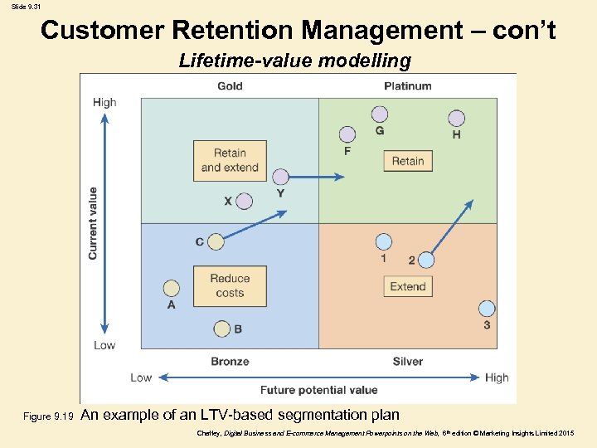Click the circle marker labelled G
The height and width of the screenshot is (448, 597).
[x=380, y=114]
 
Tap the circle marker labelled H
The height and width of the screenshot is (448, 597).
[x=456, y=119]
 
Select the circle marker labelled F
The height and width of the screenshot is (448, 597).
[x=347, y=134]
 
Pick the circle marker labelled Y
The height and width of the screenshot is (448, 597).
[x=280, y=177]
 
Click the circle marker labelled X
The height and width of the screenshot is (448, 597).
[x=244, y=201]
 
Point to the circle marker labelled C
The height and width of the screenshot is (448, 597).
[x=216, y=241]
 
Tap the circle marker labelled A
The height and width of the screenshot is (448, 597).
[x=171, y=288]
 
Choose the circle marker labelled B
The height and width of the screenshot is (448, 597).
[x=221, y=329]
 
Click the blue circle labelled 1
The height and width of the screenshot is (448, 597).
[x=383, y=242]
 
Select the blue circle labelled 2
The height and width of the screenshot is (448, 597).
[x=425, y=260]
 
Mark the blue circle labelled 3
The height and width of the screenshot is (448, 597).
[x=486, y=309]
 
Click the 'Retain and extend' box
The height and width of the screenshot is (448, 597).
[x=230, y=160]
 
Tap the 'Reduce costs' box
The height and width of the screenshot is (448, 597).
[x=230, y=285]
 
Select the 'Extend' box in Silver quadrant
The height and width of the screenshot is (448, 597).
[x=408, y=286]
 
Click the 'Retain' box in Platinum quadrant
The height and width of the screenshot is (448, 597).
[x=408, y=161]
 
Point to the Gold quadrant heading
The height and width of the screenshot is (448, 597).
[x=230, y=86]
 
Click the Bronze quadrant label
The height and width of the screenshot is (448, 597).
[x=230, y=361]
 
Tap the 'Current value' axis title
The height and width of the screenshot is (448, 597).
[x=93, y=222]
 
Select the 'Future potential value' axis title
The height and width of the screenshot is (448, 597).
[x=318, y=390]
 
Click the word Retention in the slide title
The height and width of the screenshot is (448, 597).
[x=233, y=31]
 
